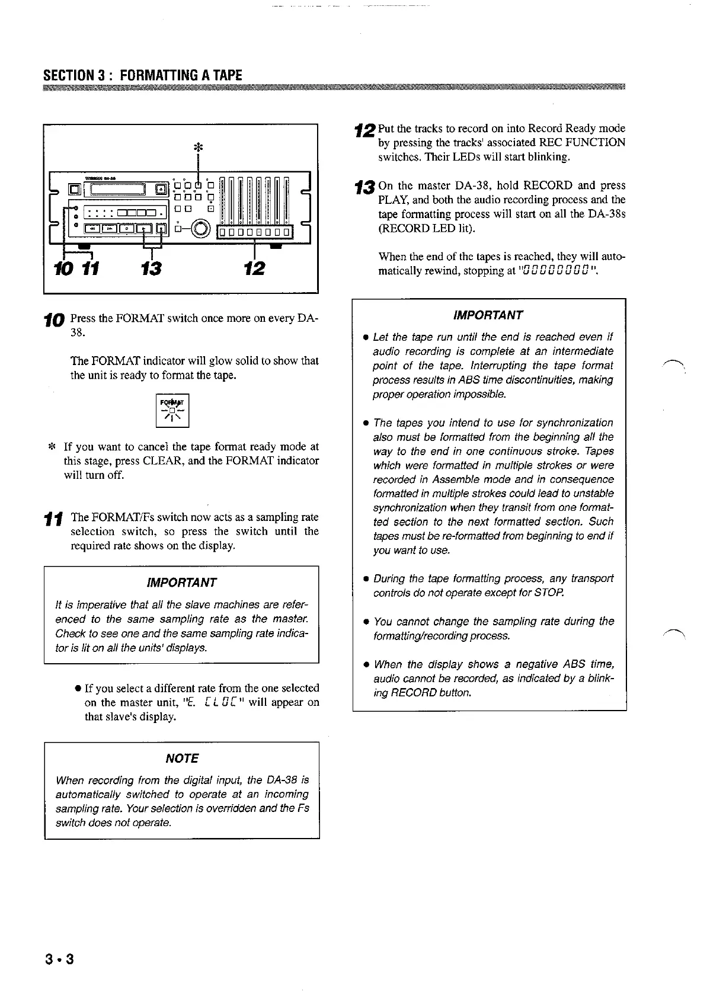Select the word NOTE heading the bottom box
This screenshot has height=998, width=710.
181,759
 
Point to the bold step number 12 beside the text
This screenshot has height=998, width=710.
364,129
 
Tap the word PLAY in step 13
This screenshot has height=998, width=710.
390,200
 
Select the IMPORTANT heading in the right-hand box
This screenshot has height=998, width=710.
488,315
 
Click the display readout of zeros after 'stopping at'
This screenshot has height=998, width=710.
555,271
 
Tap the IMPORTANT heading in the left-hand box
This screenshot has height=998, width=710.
181,582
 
